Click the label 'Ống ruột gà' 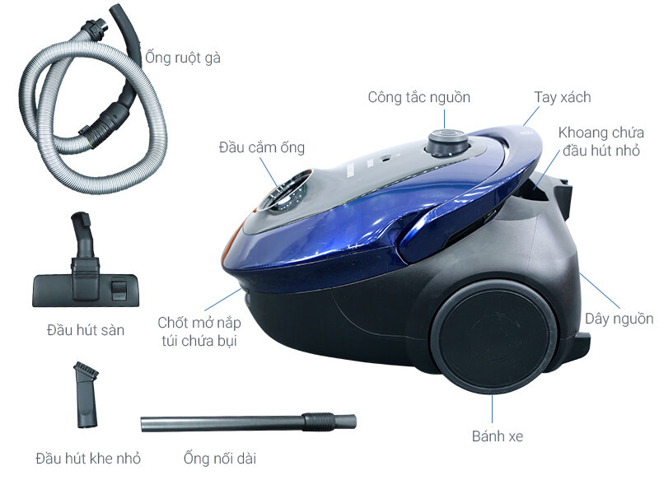[x=183, y=58]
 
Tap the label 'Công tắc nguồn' [x=419, y=97]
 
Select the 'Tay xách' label [x=563, y=97]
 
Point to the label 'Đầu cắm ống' [x=261, y=147]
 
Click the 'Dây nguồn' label [x=619, y=319]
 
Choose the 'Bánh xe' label [x=498, y=436]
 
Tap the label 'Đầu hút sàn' [x=86, y=330]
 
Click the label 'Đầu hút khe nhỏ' [x=88, y=458]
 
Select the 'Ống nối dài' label [x=220, y=458]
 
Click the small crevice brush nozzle [x=86, y=394]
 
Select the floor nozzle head [x=86, y=260]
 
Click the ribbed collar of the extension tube [x=318, y=422]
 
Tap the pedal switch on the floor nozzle [x=119, y=289]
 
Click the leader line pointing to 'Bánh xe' [x=492, y=408]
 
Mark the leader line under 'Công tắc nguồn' [x=445, y=119]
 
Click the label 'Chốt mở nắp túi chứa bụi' [x=199, y=332]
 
